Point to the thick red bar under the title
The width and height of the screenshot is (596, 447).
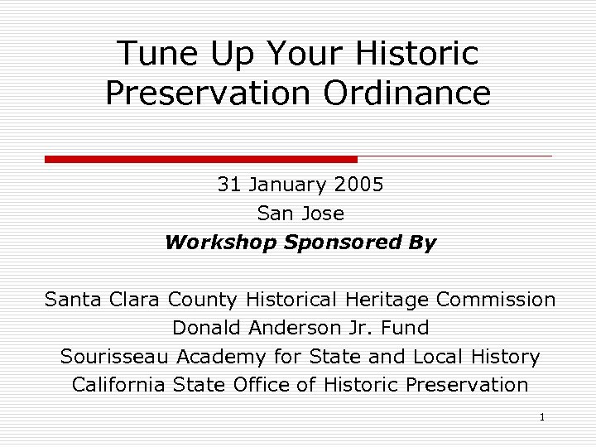[x=201, y=159]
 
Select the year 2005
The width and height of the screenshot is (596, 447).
[x=360, y=184]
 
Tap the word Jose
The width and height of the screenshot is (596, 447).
[x=322, y=213]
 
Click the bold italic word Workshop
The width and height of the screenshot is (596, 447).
[x=220, y=243]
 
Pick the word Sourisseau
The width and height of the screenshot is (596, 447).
[x=115, y=357]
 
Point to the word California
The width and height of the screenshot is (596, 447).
[x=119, y=385]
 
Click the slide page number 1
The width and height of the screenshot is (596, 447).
[x=541, y=417]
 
